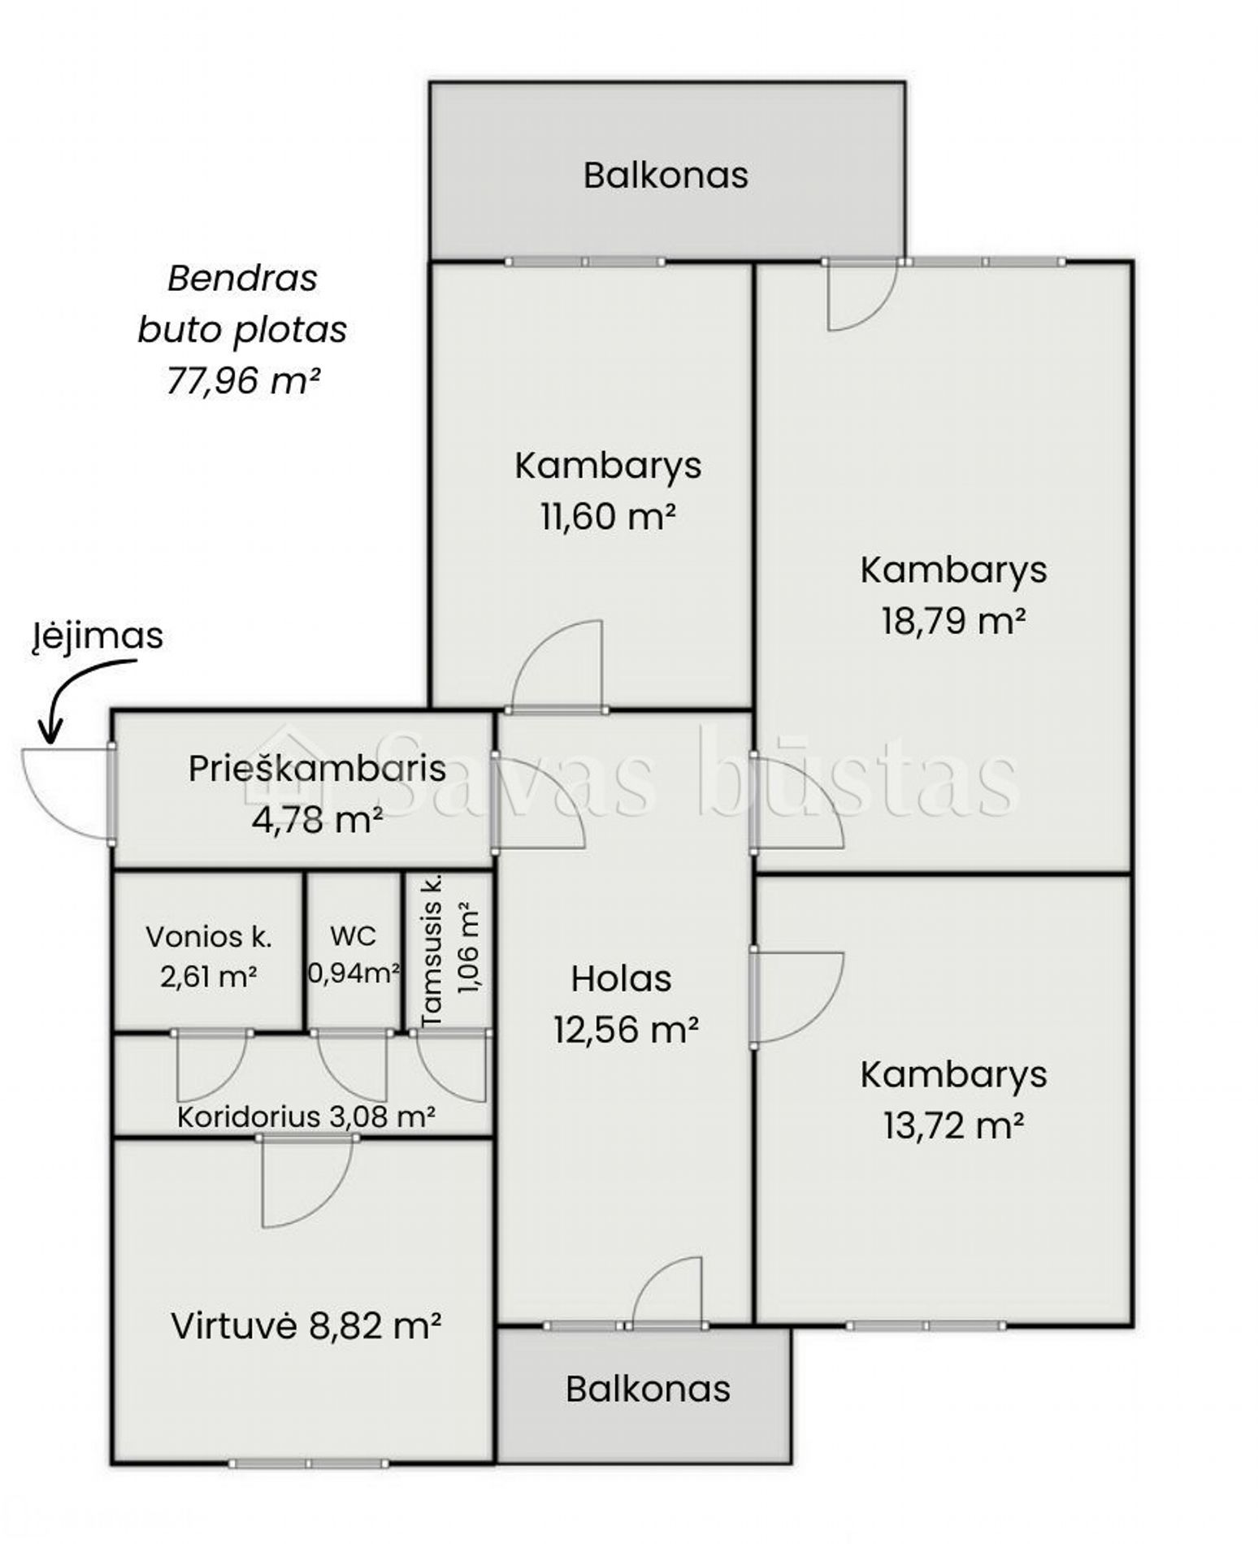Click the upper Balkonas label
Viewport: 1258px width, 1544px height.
[666, 176]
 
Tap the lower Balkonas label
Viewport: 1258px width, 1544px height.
[648, 1389]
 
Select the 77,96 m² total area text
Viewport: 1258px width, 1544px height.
[242, 380]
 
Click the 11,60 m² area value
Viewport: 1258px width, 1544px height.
[608, 516]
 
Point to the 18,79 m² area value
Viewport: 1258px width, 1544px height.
[953, 621]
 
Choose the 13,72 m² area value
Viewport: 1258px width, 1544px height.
[953, 1126]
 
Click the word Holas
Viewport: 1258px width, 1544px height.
[621, 979]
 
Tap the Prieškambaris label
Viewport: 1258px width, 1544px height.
[317, 769]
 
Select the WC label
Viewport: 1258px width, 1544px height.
[353, 936]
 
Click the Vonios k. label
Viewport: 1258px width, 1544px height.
[209, 937]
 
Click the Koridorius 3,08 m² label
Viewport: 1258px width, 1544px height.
[306, 1117]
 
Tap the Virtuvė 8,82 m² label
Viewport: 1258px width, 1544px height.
[306, 1326]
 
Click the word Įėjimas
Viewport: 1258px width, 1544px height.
[98, 636]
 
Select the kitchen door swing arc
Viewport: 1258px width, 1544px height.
[325, 1203]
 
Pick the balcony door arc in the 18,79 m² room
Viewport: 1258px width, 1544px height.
[874, 313]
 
